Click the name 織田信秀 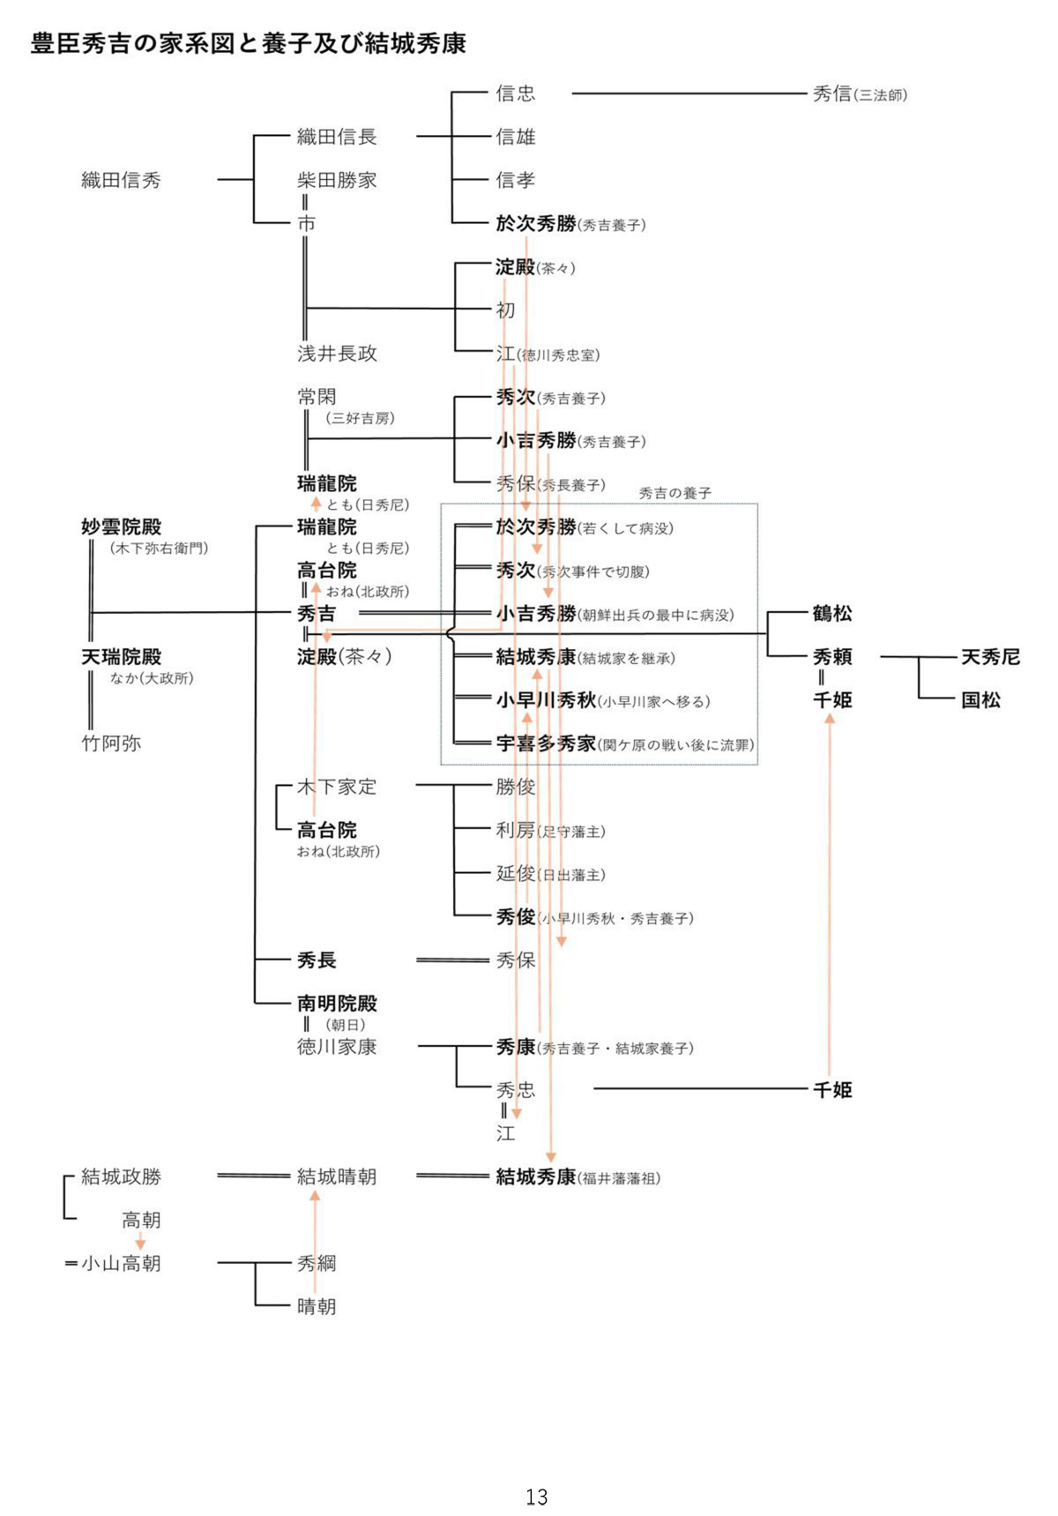click(121, 180)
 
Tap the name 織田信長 click(337, 137)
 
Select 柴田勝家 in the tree click(337, 180)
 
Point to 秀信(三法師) click(859, 93)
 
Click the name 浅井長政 click(337, 354)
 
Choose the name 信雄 click(515, 137)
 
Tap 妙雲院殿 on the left click(121, 527)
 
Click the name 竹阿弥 click(111, 743)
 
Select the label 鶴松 click(831, 614)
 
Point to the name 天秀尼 click(990, 657)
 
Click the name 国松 click(980, 700)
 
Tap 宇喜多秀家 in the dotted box click(547, 743)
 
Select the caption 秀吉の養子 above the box click(674, 493)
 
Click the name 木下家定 click(337, 787)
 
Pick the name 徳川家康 click(337, 1047)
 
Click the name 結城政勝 click(121, 1176)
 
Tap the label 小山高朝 click(121, 1264)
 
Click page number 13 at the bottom click(536, 1497)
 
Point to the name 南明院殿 click(337, 1004)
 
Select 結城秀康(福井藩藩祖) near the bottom click(577, 1176)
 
